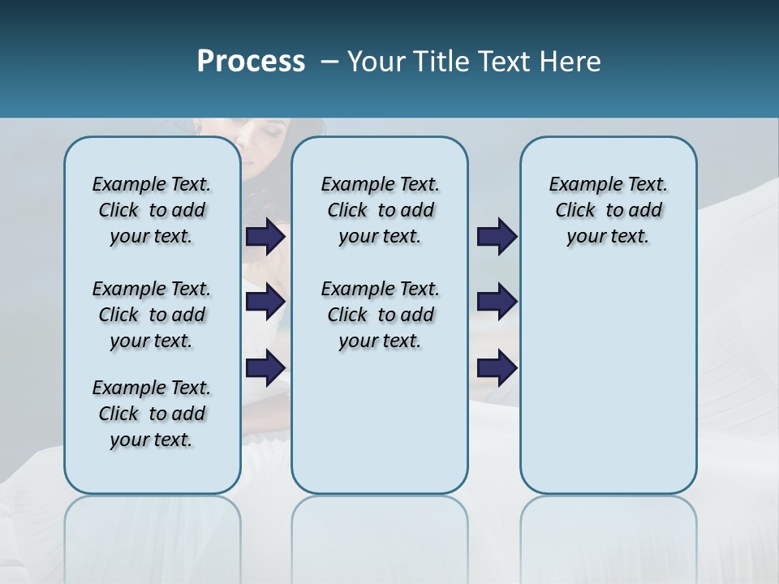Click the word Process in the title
251,62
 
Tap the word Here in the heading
569,62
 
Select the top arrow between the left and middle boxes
265,237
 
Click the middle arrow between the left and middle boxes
265,302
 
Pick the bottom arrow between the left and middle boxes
265,367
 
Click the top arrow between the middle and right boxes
497,237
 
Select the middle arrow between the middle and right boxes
497,302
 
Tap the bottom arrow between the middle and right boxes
497,367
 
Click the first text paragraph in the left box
152,210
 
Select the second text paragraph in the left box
152,315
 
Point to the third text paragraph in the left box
152,414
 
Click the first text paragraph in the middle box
380,210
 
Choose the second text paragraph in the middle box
380,315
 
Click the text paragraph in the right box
608,210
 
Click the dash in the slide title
329,62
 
